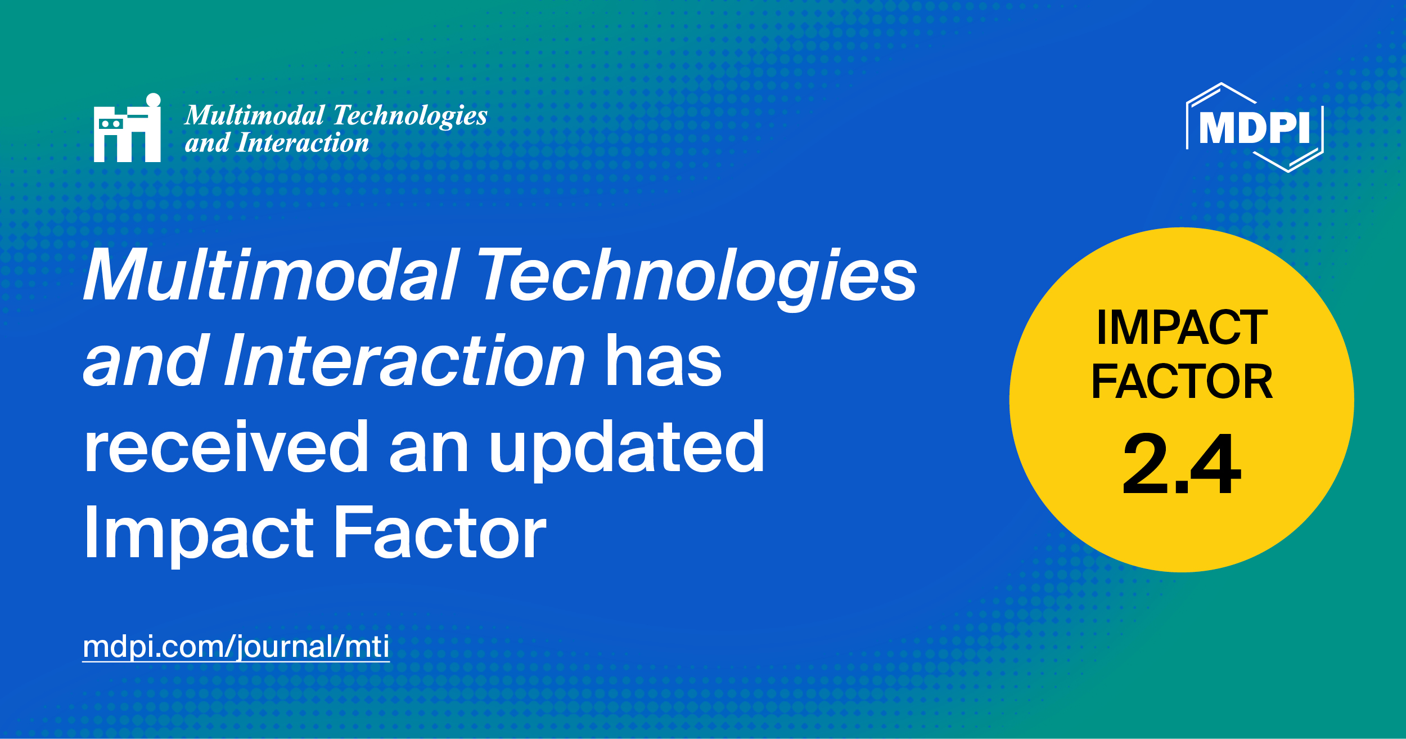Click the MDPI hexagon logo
(x=1255, y=128)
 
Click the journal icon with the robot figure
(x=127, y=129)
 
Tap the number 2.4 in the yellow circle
(x=1181, y=465)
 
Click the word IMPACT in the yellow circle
(x=1182, y=328)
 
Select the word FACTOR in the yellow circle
(x=1182, y=382)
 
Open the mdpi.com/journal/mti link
(x=236, y=647)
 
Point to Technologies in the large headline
(x=697, y=275)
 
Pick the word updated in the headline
(x=627, y=447)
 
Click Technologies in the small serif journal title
(x=410, y=115)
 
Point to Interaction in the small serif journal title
(x=303, y=143)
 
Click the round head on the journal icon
(x=154, y=100)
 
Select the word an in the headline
(x=429, y=447)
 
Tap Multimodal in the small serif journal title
(x=255, y=115)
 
